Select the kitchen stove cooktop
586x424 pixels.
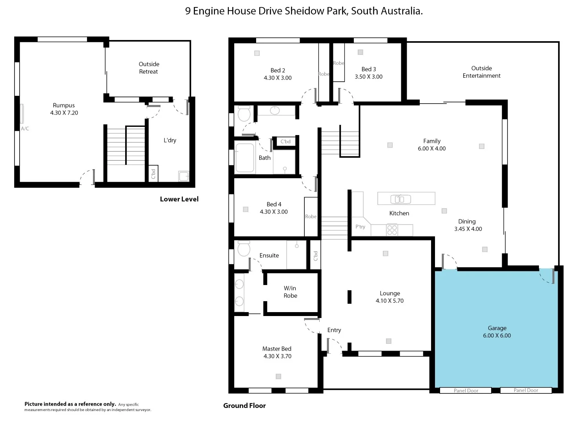[392, 230]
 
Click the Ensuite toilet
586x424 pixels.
[244, 249]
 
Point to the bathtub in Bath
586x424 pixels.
[245, 158]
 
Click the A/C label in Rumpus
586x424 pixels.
[25, 129]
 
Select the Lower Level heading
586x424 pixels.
[179, 199]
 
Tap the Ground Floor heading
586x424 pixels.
[244, 406]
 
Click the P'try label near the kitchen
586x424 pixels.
[360, 227]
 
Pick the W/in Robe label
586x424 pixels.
[290, 292]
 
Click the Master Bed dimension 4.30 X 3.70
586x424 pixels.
[277, 356]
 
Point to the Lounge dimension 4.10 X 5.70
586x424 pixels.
[389, 301]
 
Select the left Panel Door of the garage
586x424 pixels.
[466, 391]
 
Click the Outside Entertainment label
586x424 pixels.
[481, 72]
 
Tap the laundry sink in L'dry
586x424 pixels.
[184, 176]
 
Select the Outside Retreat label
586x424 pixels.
[149, 68]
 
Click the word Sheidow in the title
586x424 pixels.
[303, 11]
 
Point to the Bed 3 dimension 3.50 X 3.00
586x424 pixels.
[368, 77]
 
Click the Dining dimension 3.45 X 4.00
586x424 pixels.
[468, 229]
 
